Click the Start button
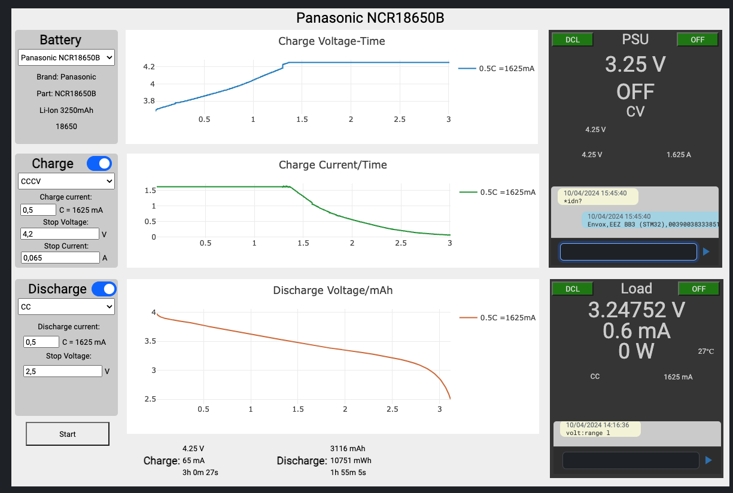click(x=68, y=434)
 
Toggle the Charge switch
click(x=99, y=163)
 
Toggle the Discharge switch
click(x=104, y=289)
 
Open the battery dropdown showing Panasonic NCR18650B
click(x=66, y=57)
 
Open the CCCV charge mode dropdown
click(x=66, y=181)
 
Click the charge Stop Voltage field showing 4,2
click(x=60, y=234)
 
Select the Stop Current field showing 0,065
click(x=60, y=258)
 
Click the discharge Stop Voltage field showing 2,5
click(x=62, y=371)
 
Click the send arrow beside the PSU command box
click(x=706, y=252)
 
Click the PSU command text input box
click(x=628, y=252)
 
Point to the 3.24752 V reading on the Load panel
click(x=637, y=310)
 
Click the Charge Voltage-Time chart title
click(x=331, y=41)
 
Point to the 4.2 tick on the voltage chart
click(x=149, y=67)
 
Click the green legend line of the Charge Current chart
click(x=469, y=192)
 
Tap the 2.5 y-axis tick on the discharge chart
click(x=150, y=399)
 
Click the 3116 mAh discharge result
click(x=348, y=449)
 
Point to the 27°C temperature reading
click(x=706, y=351)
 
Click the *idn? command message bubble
click(x=598, y=197)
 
